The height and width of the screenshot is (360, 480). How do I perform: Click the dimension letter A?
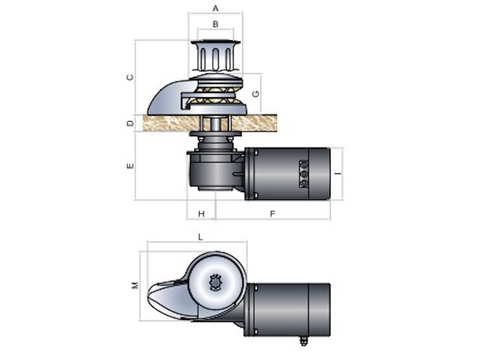215,8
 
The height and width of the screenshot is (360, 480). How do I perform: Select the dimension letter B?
215,24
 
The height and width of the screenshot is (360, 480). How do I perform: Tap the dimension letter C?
130,77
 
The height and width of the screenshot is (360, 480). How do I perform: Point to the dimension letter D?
130,124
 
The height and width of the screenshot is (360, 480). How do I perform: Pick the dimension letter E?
130,166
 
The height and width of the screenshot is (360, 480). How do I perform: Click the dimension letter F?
273,214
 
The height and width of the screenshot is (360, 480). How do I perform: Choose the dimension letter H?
201,214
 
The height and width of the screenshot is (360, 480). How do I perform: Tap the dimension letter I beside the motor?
338,174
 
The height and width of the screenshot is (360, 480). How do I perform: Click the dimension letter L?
200,237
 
